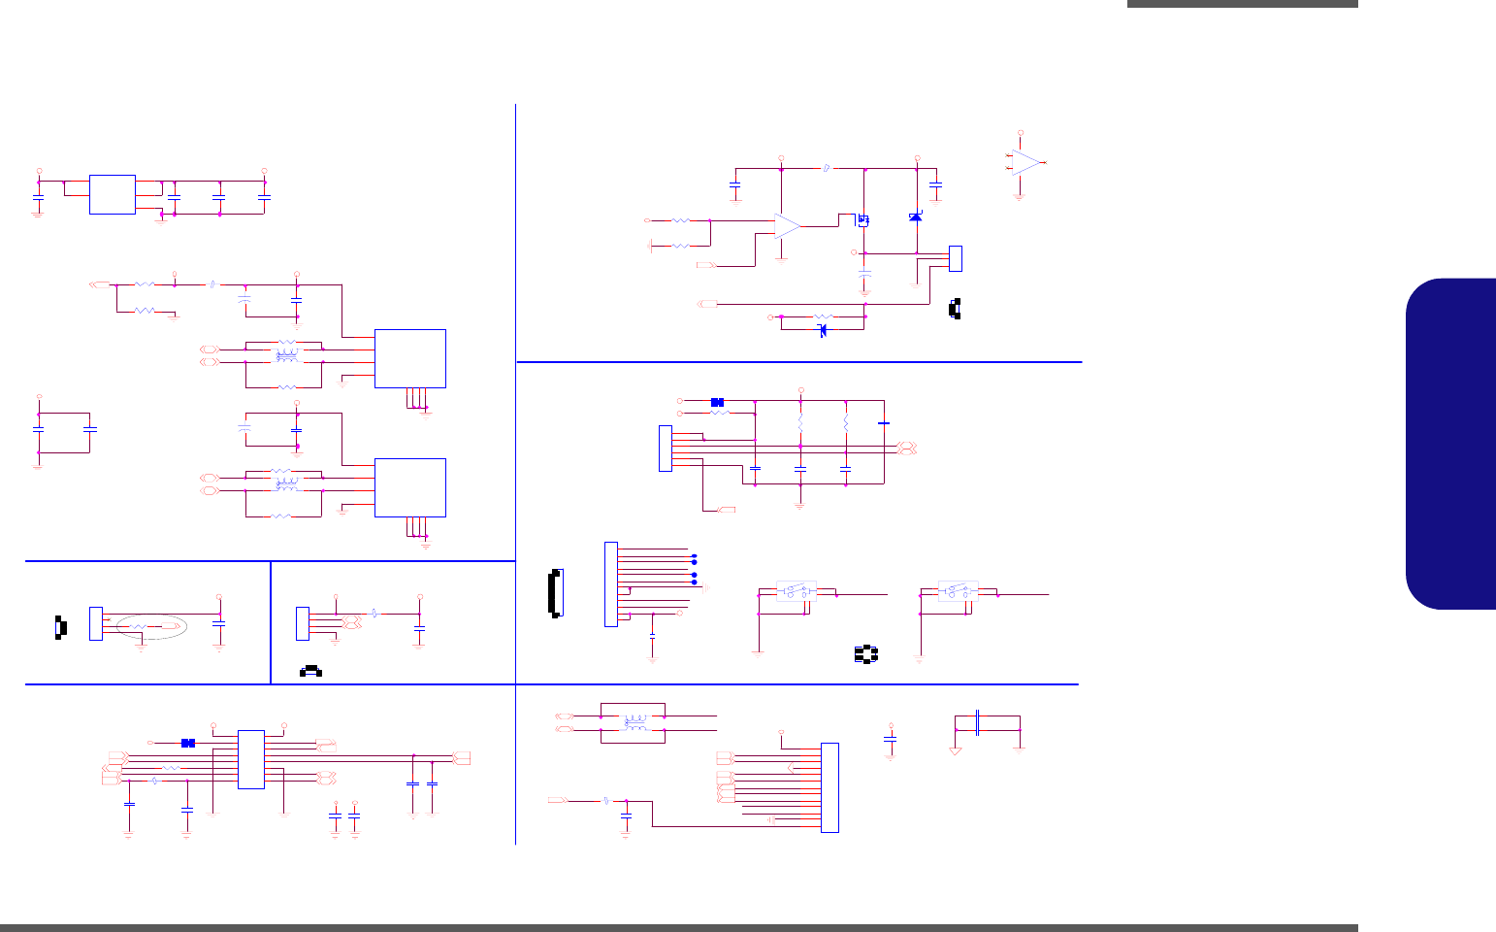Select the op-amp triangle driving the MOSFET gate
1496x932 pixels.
(x=788, y=226)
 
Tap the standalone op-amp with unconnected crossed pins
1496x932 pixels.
(x=1025, y=162)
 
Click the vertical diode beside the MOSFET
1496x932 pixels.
(x=915, y=216)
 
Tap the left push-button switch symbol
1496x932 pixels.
(x=796, y=591)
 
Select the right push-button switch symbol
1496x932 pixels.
(x=958, y=591)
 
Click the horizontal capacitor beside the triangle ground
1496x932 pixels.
(x=979, y=722)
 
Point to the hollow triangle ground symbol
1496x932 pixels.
(x=956, y=749)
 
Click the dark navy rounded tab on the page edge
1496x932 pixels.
(x=1450, y=444)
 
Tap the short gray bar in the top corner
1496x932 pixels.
(x=1242, y=4)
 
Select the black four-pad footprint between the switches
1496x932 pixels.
(x=865, y=654)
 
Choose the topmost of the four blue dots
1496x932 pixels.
(x=695, y=554)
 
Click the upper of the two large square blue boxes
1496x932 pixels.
(x=409, y=358)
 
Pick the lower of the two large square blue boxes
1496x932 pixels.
(x=409, y=487)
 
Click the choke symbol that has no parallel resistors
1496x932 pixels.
(x=635, y=722)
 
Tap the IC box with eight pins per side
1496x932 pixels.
(x=250, y=759)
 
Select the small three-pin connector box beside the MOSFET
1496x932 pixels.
(x=956, y=258)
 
